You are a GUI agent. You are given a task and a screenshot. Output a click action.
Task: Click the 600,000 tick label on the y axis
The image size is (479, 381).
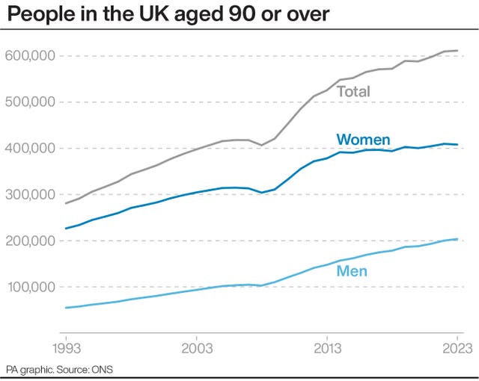tap(30, 56)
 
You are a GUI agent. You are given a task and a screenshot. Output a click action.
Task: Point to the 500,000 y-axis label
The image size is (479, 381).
tap(30, 102)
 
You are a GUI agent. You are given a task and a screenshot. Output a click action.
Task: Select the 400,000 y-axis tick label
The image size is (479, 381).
tap(30, 149)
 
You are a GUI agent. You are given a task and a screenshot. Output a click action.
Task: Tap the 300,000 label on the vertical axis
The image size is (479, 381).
tap(30, 194)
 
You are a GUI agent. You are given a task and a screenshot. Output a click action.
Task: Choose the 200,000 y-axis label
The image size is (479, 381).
tap(30, 241)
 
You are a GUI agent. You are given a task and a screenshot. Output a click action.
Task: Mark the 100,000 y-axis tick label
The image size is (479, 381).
tap(30, 287)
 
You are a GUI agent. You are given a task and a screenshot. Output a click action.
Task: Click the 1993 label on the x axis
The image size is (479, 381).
tap(65, 347)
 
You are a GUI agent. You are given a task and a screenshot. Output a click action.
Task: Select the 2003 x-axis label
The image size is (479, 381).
tap(196, 347)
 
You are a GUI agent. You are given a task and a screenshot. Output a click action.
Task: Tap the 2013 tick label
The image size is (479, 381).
tap(326, 347)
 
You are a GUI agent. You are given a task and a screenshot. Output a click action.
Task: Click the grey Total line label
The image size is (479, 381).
tap(353, 92)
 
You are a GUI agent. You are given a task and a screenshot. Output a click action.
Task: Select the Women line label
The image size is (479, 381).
tap(363, 140)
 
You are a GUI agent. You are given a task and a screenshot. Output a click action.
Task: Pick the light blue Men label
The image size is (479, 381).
tap(352, 270)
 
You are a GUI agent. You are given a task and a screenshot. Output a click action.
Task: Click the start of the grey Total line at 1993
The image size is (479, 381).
tap(65, 203)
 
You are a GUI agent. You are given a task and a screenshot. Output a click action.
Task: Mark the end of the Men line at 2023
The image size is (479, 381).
tap(457, 239)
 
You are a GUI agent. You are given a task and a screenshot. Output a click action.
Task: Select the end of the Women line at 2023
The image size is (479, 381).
tap(457, 144)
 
